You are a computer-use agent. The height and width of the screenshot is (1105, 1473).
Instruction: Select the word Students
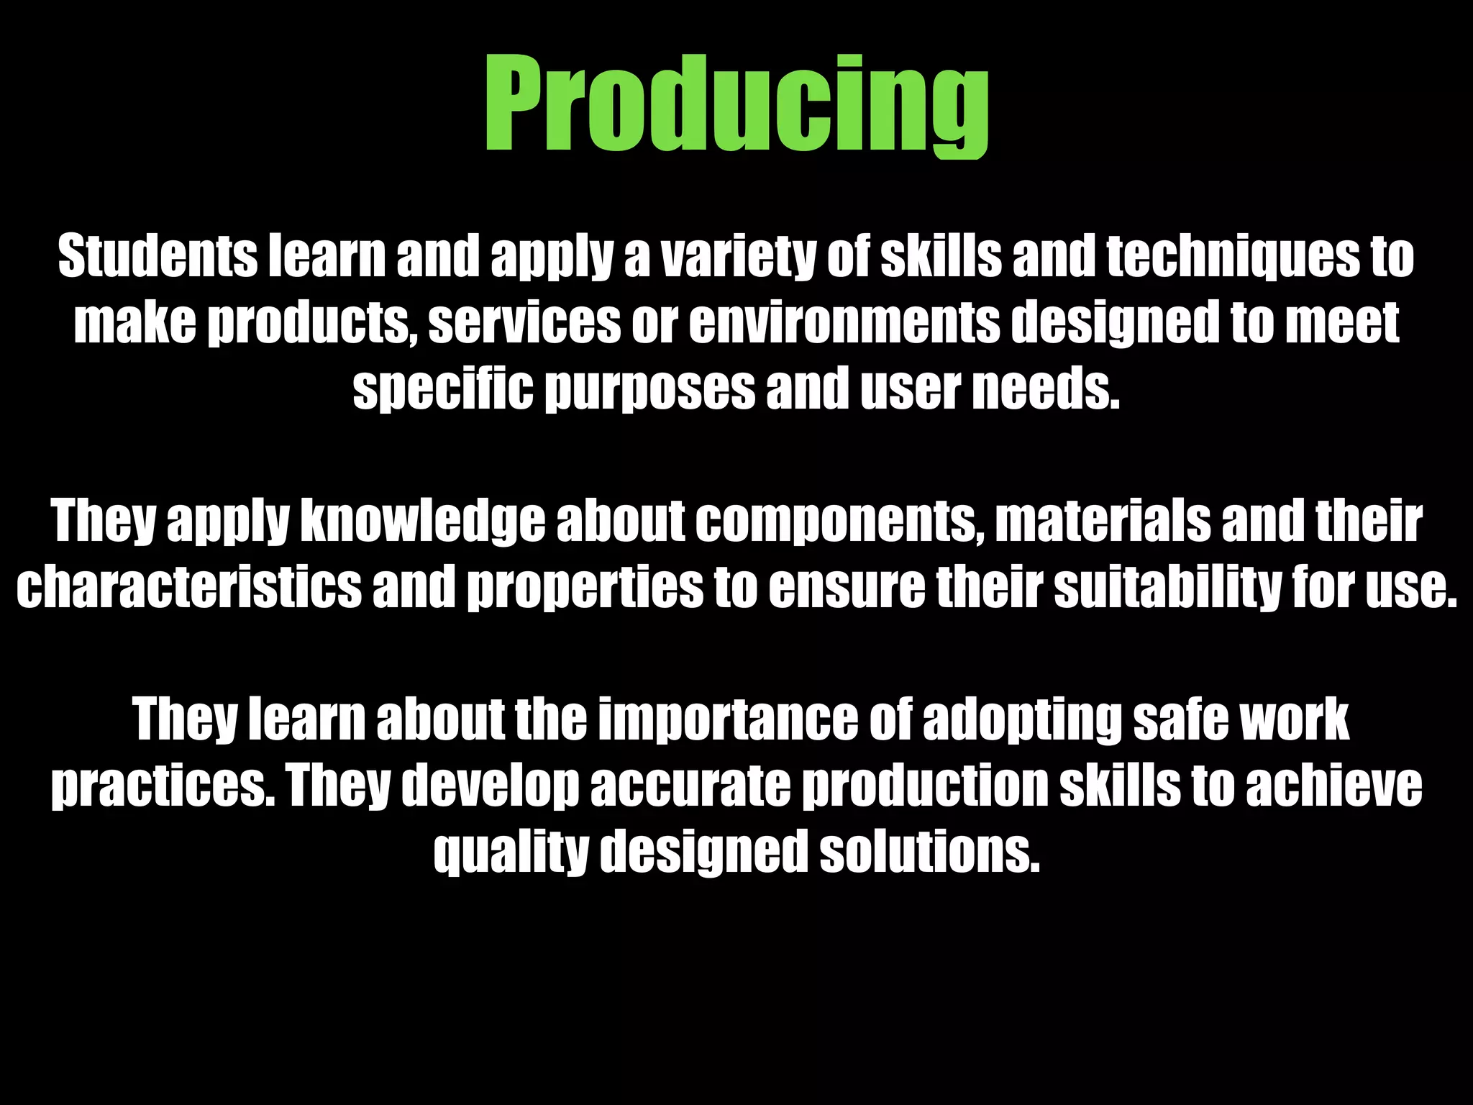click(157, 256)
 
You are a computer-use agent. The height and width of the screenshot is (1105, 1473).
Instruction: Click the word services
click(524, 322)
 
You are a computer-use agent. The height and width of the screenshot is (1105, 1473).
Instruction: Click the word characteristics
click(188, 586)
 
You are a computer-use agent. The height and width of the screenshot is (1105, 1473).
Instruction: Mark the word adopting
click(1021, 719)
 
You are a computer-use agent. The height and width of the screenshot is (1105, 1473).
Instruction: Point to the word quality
click(511, 852)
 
